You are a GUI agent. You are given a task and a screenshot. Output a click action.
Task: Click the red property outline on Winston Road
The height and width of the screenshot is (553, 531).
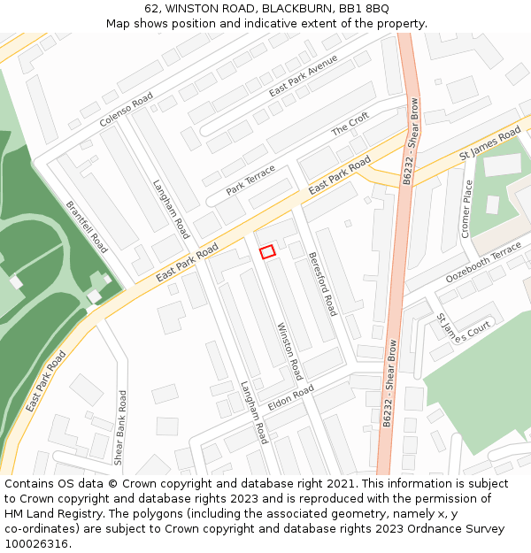point(267,252)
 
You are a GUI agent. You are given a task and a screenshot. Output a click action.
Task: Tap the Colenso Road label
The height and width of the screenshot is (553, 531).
point(126,109)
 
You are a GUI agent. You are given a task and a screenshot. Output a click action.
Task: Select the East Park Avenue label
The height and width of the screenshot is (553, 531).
point(304,76)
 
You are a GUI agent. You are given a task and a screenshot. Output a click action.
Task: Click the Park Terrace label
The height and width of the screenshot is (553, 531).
point(250,180)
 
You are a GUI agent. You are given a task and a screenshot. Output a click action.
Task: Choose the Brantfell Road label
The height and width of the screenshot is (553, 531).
point(86,227)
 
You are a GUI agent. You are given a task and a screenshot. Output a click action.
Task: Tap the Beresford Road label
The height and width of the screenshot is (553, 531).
point(322,283)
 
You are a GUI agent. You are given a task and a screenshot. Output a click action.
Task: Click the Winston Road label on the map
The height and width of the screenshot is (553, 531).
point(290,351)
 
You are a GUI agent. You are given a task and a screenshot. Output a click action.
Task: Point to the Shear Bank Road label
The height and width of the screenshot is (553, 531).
point(119,427)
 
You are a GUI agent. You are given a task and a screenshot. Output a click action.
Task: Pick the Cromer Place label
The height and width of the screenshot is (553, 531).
point(466,209)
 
